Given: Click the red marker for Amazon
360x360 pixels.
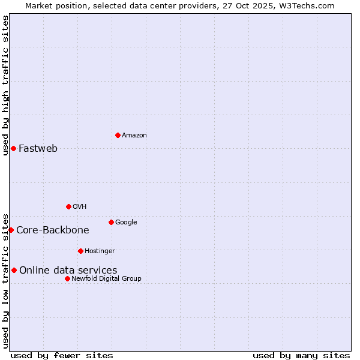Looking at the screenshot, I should pos(118,135).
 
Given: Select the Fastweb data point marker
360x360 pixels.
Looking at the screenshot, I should pos(13,148).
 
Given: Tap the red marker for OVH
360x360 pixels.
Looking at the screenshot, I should pos(68,206).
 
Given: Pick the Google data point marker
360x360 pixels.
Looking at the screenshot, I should pos(111,222).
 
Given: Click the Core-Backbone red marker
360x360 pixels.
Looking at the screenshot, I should pos(11,230).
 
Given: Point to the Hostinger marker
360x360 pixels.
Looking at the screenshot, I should pos(80,251).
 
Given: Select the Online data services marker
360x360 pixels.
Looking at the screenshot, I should pos(14,270).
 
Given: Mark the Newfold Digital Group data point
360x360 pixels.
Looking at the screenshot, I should pos(67,278).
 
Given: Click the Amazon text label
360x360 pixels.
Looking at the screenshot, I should pos(134,136).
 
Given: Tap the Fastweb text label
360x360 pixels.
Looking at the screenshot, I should pos(38,149).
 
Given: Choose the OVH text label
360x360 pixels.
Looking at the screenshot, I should pos(80,207).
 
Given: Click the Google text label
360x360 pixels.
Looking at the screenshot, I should pos(126,223).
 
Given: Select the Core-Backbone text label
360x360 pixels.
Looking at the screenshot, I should pos(53,230).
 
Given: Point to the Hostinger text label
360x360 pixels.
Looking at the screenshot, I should pos(100,251).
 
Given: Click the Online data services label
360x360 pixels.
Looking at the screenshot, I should pos(68,271).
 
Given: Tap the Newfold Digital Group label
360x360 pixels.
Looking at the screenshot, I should pos(106,279).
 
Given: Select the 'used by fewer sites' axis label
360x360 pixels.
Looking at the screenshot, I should pos(62,355).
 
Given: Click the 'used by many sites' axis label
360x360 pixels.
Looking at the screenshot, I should pos(301,355).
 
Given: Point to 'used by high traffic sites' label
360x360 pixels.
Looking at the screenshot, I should pos(5,85).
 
